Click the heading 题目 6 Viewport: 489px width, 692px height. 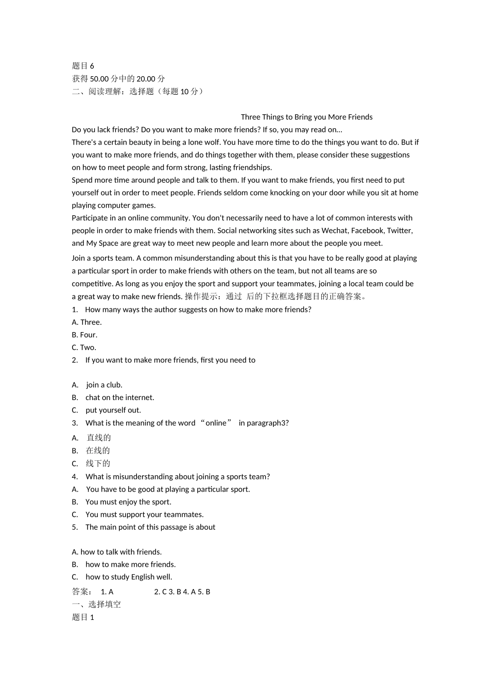83,66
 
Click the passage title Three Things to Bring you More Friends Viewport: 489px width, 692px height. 306,117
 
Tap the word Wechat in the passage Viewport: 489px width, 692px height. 335,231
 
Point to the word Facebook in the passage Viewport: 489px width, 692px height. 367,231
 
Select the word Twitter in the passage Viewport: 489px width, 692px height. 399,231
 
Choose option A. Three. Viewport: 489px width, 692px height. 87,322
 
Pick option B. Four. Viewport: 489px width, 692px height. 84,335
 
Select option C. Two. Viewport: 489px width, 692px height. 84,348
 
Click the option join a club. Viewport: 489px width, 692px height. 104,385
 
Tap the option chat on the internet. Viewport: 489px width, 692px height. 119,397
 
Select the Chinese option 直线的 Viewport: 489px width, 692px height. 99,438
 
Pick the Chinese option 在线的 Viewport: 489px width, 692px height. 98,451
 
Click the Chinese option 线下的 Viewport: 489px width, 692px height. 98,463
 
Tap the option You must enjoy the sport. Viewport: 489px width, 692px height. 128,502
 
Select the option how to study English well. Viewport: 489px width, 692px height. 129,577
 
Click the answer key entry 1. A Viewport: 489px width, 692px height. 107,592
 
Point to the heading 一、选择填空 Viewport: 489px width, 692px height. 96,604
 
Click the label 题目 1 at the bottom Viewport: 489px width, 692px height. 83,617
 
